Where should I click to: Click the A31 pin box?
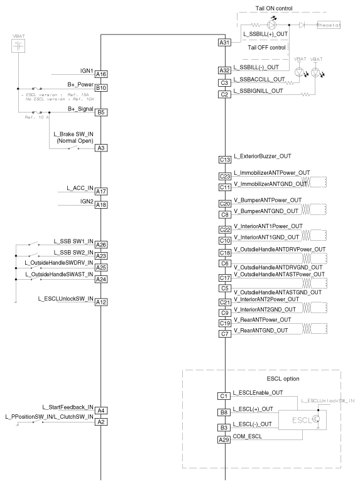pyautogui.click(x=225, y=43)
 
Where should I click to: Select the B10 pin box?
pyautogui.click(x=101, y=88)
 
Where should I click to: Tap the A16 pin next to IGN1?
pyautogui.click(x=101, y=74)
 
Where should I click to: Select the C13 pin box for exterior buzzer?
pyautogui.click(x=225, y=160)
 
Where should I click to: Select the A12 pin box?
pyautogui.click(x=101, y=302)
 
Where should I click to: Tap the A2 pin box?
pyautogui.click(x=101, y=422)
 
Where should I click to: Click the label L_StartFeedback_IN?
pyautogui.click(x=68, y=407)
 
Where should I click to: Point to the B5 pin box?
pyautogui.click(x=101, y=113)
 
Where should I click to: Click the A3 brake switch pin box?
pyautogui.click(x=101, y=148)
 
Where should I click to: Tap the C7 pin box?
pyautogui.click(x=225, y=334)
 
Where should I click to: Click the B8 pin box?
pyautogui.click(x=225, y=413)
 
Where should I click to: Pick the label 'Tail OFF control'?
pyautogui.click(x=267, y=47)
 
